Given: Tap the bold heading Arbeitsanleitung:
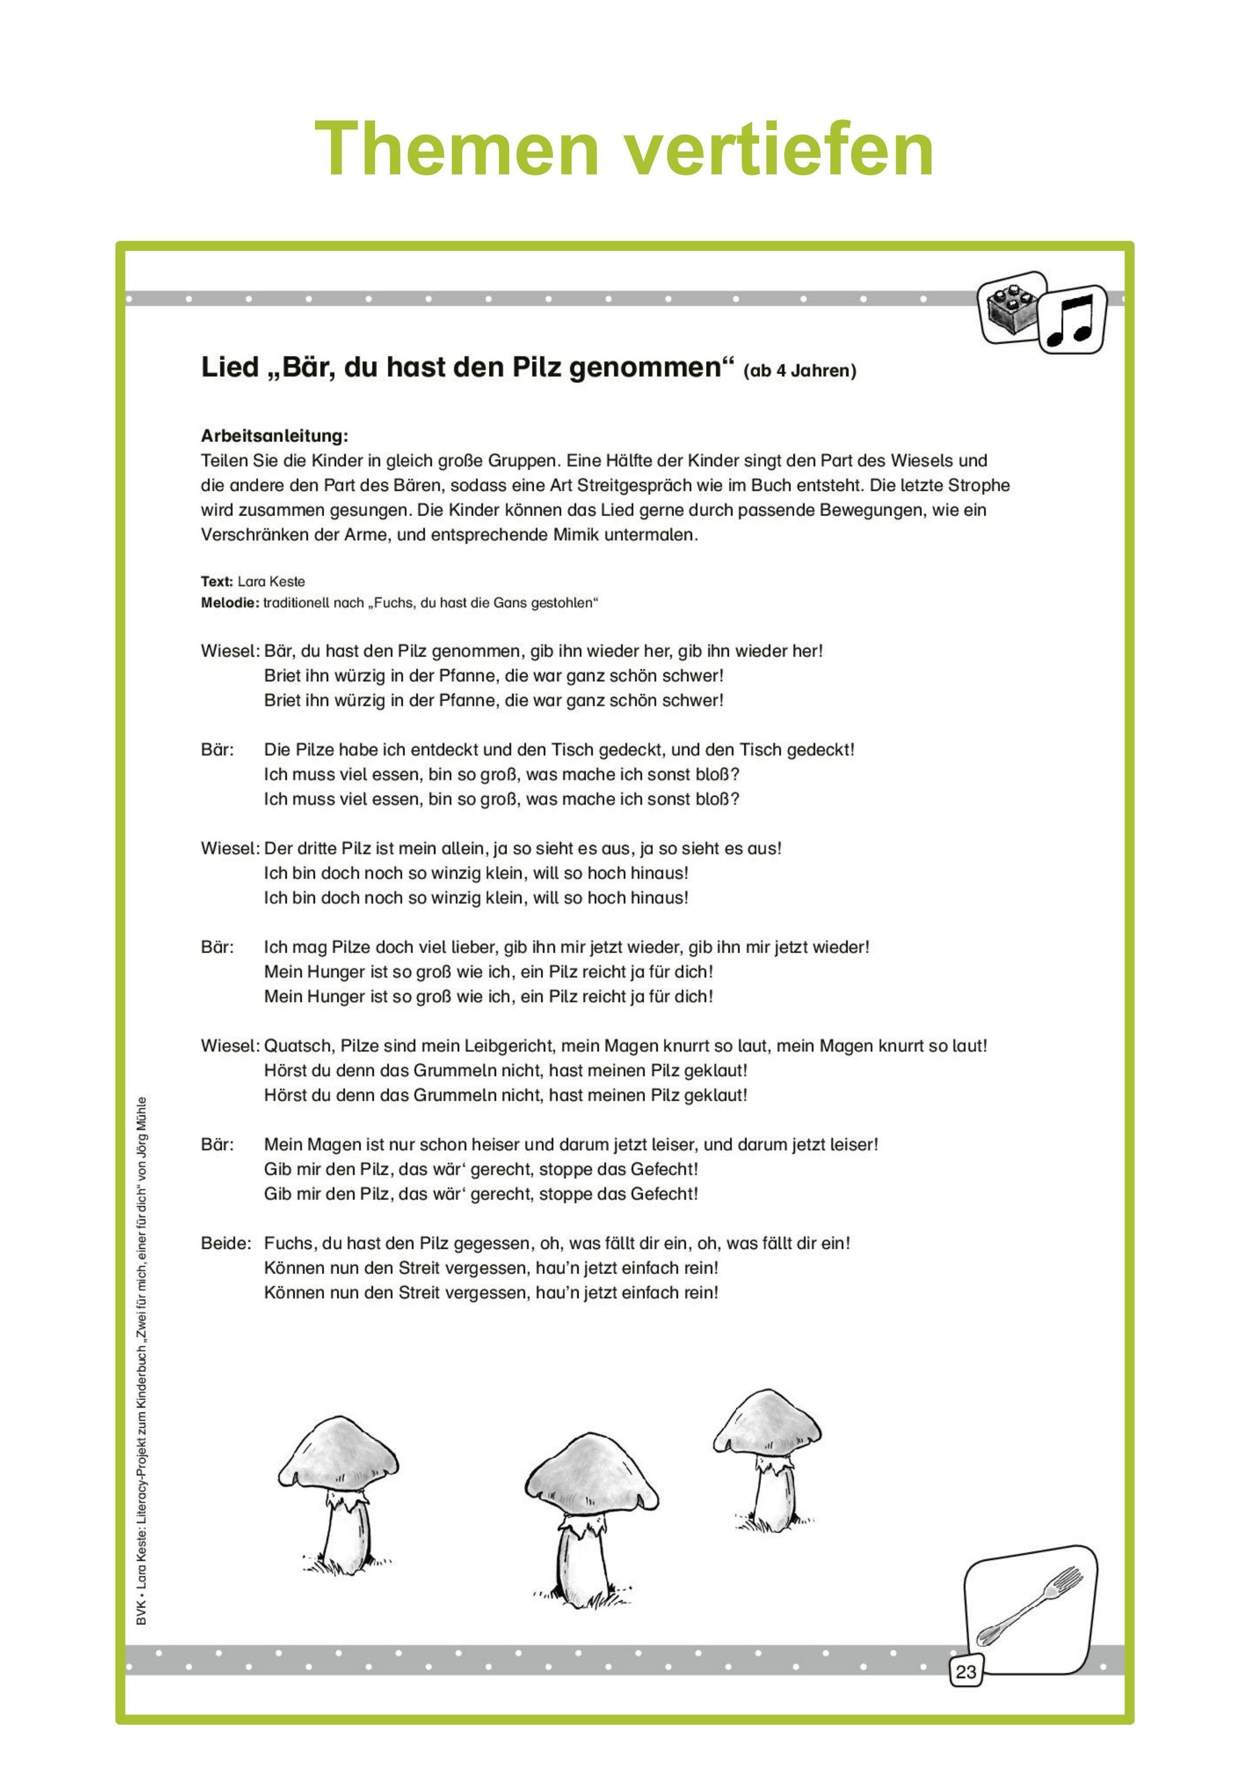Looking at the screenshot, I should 274,436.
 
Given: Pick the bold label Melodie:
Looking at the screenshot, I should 229,602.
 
